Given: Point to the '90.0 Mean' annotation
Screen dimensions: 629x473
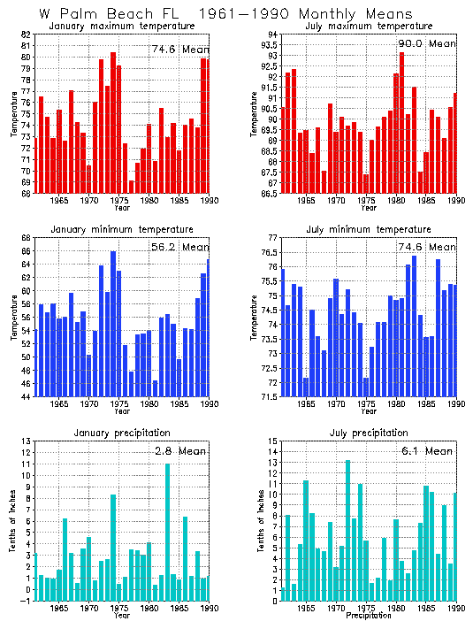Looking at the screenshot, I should [428, 43].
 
